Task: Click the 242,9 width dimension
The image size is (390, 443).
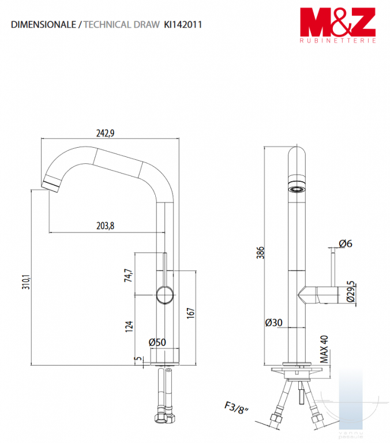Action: click(x=105, y=133)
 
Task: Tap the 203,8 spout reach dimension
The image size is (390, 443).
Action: click(x=105, y=226)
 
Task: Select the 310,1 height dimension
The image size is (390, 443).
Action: click(x=26, y=281)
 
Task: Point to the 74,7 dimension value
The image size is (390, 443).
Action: click(x=128, y=275)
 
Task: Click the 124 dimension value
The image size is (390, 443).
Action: click(x=129, y=326)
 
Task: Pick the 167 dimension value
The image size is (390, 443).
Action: click(x=191, y=313)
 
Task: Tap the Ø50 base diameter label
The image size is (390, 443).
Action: click(x=157, y=343)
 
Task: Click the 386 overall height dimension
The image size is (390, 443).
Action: click(x=260, y=252)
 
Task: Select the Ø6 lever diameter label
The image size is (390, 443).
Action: click(x=346, y=243)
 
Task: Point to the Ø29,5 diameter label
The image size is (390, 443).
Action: click(x=350, y=291)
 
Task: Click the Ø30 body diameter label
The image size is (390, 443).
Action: click(x=273, y=322)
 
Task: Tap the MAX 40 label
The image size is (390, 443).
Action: click(x=324, y=349)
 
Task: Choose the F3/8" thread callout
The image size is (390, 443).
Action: click(x=237, y=408)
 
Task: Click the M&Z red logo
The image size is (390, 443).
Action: click(x=337, y=22)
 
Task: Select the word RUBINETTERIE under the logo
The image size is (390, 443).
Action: click(x=337, y=41)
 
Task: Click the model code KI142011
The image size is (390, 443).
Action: click(x=183, y=25)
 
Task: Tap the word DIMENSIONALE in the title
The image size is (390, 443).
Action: click(x=43, y=25)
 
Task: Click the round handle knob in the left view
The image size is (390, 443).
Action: click(x=165, y=295)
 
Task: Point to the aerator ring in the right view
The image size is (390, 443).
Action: click(x=297, y=189)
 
